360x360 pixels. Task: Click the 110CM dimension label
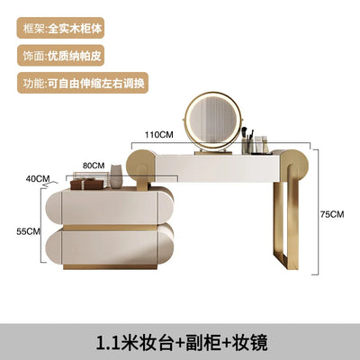pos(159,135)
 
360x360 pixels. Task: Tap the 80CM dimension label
pos(94,166)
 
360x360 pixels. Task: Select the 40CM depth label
pos(38,179)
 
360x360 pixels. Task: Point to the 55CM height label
pos(29,231)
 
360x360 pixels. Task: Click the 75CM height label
pos(332,214)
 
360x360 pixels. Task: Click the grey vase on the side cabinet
pos(116,176)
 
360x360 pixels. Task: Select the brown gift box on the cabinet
pos(86,184)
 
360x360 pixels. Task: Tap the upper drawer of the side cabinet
pos(110,207)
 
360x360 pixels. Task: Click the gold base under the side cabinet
pos(110,266)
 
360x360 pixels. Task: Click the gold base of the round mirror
pos(213,153)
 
